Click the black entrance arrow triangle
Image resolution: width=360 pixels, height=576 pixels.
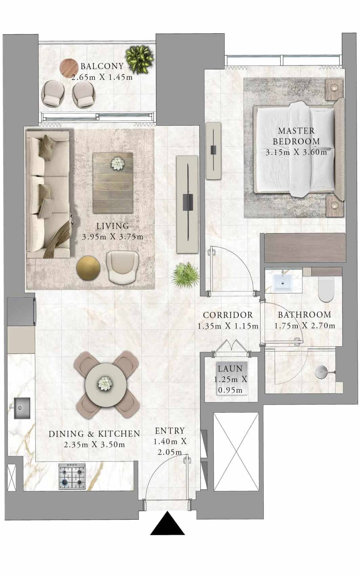(x=167, y=523)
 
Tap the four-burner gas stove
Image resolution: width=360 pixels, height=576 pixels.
(x=72, y=476)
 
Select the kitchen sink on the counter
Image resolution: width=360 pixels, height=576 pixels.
(x=22, y=408)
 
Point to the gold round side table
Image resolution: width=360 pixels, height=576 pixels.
(x=88, y=268)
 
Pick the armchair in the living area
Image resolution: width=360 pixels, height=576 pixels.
(x=123, y=267)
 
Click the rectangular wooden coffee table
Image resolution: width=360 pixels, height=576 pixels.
(x=113, y=183)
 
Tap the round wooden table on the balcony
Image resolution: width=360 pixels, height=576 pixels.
(x=69, y=68)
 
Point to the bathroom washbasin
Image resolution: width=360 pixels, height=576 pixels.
(x=283, y=283)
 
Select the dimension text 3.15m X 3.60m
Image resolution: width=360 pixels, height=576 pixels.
(x=296, y=152)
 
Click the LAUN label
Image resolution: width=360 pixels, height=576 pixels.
(x=230, y=369)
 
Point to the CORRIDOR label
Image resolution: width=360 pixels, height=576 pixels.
(x=228, y=315)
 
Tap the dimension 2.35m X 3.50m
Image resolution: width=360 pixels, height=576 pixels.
(x=94, y=445)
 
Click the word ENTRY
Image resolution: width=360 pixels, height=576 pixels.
(x=170, y=431)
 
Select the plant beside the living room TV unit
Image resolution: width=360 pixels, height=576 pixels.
(x=186, y=275)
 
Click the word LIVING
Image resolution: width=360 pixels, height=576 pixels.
(x=113, y=226)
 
